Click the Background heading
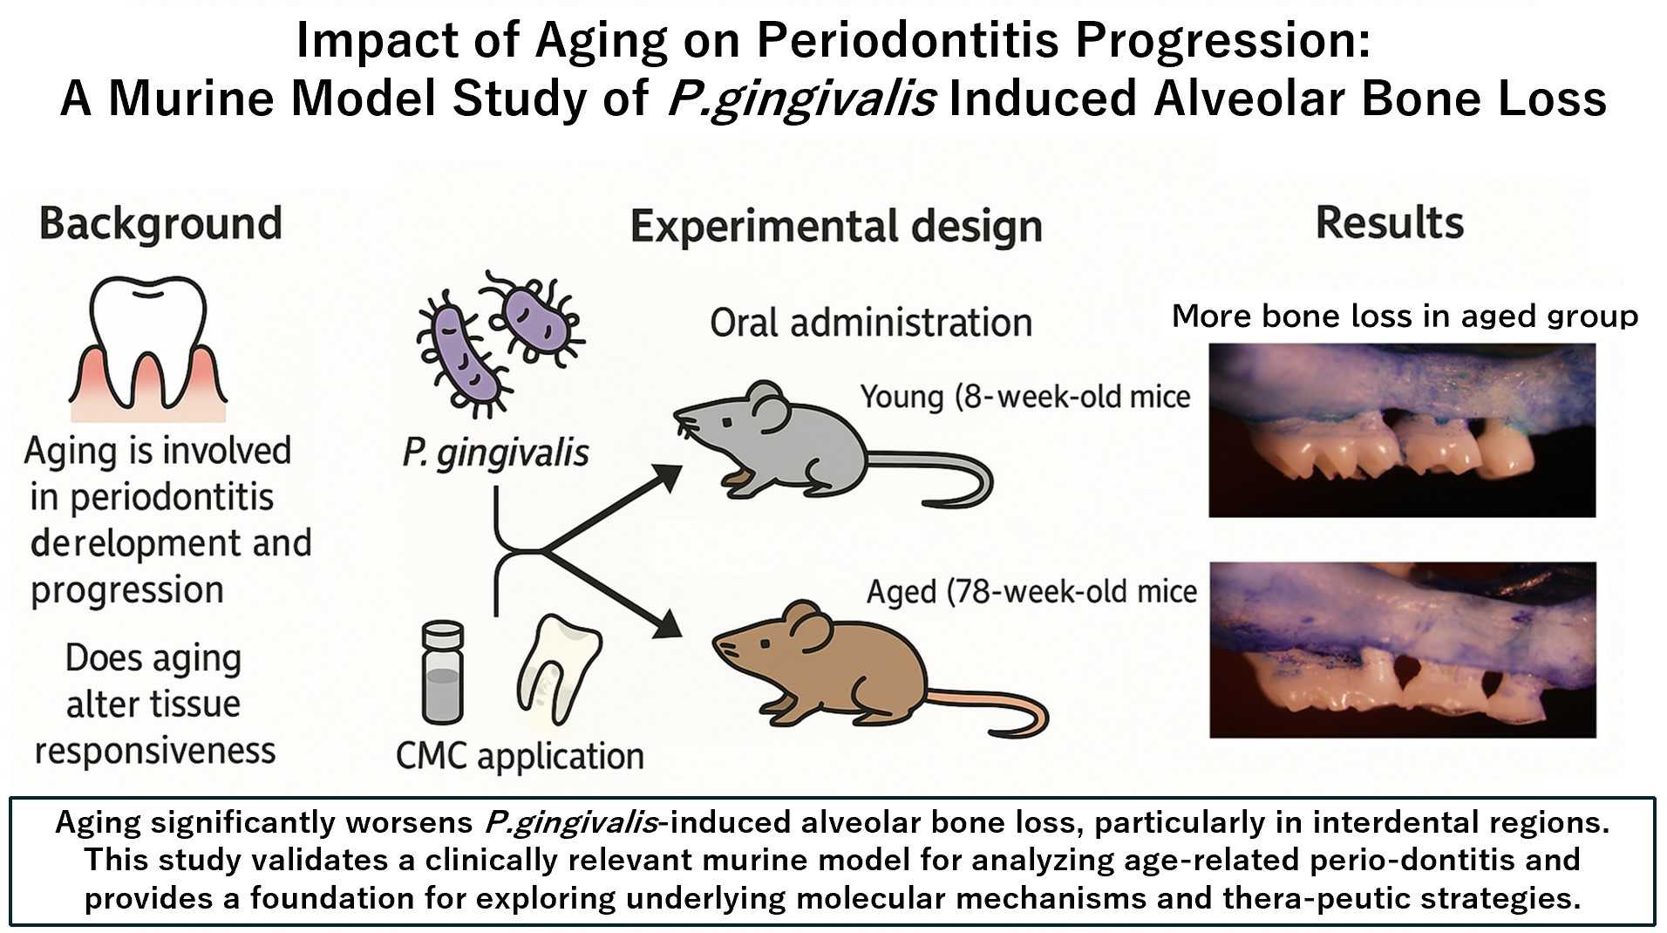coord(160,223)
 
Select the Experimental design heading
coord(836,227)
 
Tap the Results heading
coord(1389,222)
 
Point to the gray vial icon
coord(442,672)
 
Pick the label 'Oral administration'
coord(871,323)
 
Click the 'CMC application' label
coord(520,755)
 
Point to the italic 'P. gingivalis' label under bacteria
coord(495,453)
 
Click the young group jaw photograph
coord(1402,430)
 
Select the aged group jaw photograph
coord(1403,650)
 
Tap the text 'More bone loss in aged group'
coord(1405,315)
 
